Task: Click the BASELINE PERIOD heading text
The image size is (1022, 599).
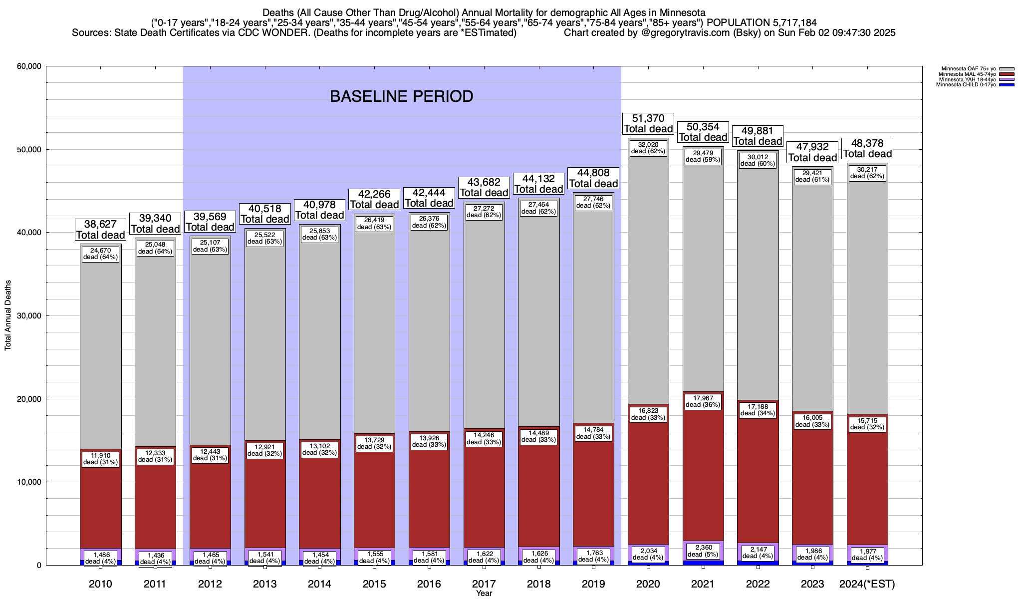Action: [401, 96]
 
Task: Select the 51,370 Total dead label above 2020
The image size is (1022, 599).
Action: [648, 123]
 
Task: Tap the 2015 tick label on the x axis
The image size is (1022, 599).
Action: [374, 584]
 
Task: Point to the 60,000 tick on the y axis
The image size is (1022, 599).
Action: [29, 66]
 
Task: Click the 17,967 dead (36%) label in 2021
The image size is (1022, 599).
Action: [703, 401]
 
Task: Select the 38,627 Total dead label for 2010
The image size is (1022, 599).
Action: [100, 230]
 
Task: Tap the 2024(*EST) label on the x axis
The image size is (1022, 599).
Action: [867, 584]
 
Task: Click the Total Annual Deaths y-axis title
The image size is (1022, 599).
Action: [8, 315]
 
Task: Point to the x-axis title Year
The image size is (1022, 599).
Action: [484, 594]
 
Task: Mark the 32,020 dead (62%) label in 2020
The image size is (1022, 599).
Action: [648, 148]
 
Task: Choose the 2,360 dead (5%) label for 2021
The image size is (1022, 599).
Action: [703, 551]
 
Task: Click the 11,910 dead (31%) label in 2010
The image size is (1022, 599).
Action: [100, 459]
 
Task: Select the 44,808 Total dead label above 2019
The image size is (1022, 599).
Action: [593, 178]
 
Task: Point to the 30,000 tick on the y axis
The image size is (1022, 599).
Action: [29, 316]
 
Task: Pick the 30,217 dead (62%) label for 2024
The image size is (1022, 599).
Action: [867, 173]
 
